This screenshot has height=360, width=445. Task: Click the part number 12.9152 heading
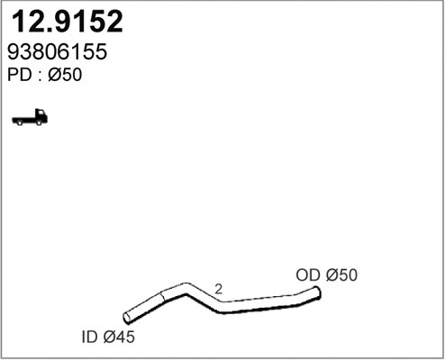(65, 22)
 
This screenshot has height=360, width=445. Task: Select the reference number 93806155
(59, 53)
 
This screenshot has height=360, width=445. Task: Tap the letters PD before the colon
(19, 76)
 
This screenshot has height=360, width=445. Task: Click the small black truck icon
(30, 117)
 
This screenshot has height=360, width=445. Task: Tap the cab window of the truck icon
(40, 114)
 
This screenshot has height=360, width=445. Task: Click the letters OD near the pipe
(308, 275)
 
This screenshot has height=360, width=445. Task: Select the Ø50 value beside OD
(341, 275)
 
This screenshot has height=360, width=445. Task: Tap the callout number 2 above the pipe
(218, 290)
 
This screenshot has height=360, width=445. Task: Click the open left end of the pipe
(128, 317)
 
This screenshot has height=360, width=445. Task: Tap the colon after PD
(39, 77)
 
